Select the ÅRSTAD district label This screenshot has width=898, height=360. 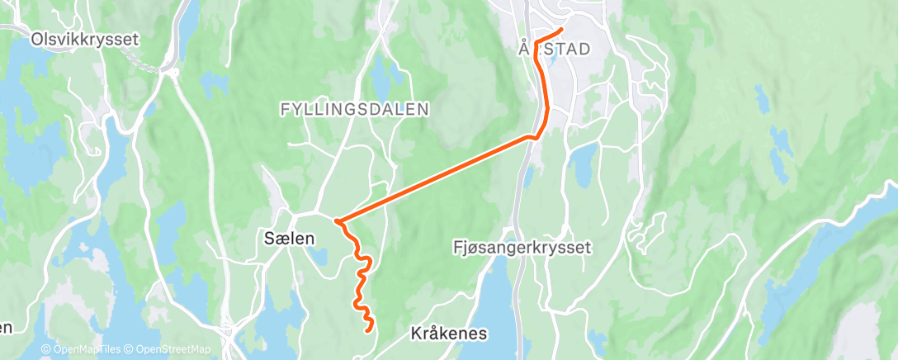[x=555, y=50]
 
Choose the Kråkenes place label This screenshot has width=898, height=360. [x=449, y=334]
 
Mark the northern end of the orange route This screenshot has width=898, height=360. [x=561, y=31]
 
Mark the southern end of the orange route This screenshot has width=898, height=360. [x=367, y=330]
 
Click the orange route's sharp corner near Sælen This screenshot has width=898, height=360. [x=338, y=220]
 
